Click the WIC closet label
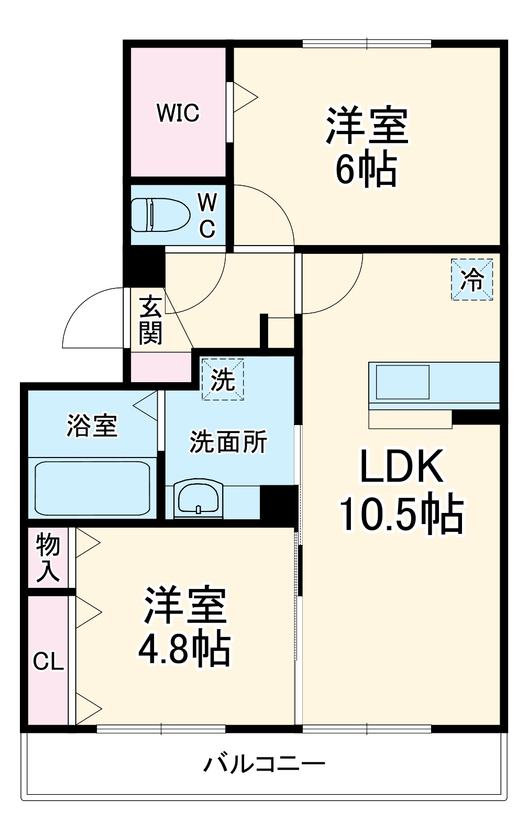pyautogui.click(x=178, y=113)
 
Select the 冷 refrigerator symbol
pyautogui.click(x=472, y=280)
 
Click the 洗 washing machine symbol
pyautogui.click(x=223, y=379)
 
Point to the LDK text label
pyautogui.click(x=401, y=466)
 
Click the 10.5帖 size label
pyautogui.click(x=401, y=514)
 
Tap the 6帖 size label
pyautogui.click(x=366, y=170)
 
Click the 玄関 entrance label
pyautogui.click(x=150, y=320)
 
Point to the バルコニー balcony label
pyautogui.click(x=264, y=764)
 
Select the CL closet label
pyautogui.click(x=48, y=662)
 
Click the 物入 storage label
pyautogui.click(x=48, y=559)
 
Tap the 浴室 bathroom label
pyautogui.click(x=92, y=425)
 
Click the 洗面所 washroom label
pyautogui.click(x=228, y=441)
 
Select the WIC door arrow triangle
pyautogui.click(x=245, y=97)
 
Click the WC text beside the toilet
pyautogui.click(x=207, y=215)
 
